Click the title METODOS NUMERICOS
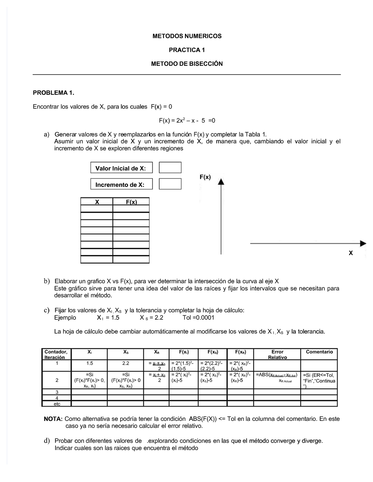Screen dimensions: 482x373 (x=187, y=36)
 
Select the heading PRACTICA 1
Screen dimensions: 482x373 (x=187, y=50)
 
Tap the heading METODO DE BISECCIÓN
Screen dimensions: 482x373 (x=187, y=64)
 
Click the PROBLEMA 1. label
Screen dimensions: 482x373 (x=54, y=93)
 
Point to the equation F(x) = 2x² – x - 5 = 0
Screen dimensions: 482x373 (x=187, y=121)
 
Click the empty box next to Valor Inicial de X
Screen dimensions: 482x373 (x=170, y=168)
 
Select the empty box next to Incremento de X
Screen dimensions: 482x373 (x=170, y=184)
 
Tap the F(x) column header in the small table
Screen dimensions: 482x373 (x=131, y=202)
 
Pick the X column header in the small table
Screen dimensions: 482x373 (x=97, y=202)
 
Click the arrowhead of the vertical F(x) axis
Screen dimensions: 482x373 (x=221, y=182)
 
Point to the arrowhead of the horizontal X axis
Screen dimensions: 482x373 (x=363, y=244)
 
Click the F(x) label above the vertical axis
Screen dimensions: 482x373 (x=205, y=177)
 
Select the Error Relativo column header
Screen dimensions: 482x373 (x=277, y=354)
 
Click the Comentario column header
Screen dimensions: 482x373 (x=319, y=352)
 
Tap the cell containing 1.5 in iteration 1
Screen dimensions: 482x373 (x=90, y=363)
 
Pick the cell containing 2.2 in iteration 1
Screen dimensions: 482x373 (x=126, y=363)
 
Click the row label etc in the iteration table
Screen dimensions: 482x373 (x=57, y=404)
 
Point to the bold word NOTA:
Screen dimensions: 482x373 (x=53, y=419)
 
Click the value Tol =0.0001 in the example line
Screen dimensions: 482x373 (x=199, y=318)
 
